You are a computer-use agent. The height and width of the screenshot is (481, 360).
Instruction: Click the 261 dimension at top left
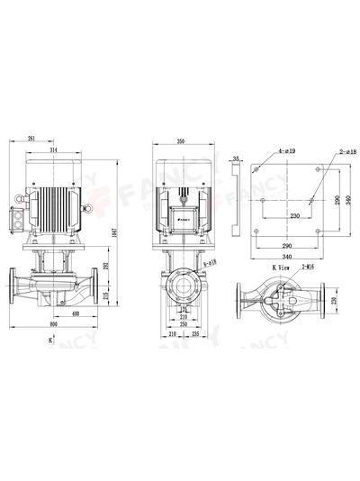[32, 140]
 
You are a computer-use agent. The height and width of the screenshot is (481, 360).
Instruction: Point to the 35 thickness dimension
[236, 159]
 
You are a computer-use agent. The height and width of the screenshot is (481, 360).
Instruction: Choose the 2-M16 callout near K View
[308, 268]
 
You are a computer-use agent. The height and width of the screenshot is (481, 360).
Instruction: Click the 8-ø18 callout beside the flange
[210, 261]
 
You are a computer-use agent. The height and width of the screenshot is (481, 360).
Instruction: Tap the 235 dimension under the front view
[195, 333]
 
